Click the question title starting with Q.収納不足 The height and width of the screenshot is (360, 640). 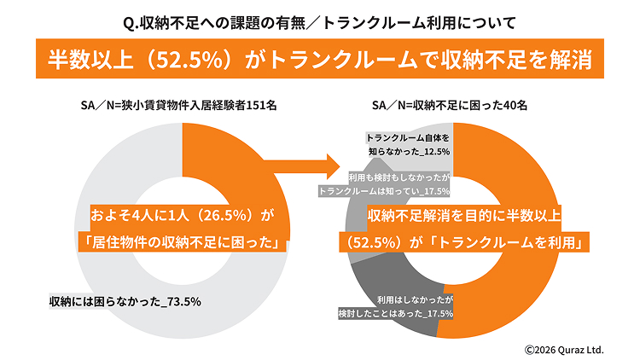(319, 17)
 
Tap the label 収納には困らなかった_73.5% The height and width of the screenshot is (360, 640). (125, 301)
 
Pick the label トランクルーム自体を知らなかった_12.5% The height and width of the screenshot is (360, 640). (408, 144)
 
